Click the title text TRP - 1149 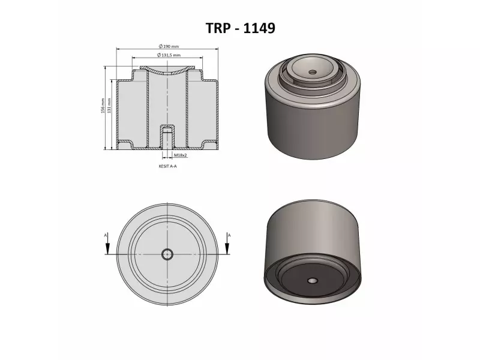[240, 28]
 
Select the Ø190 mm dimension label [169, 46]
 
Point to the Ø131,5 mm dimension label [170, 55]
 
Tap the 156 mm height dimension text [103, 107]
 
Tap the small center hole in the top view [167, 254]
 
